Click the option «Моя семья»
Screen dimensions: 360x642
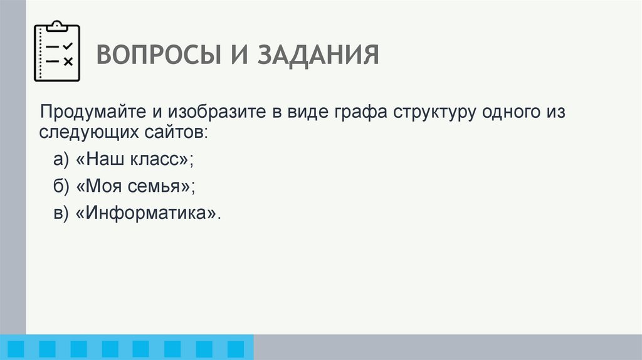(x=135, y=186)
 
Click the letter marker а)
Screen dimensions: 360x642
(x=60, y=160)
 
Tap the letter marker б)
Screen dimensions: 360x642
(x=60, y=186)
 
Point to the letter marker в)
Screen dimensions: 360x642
(x=60, y=213)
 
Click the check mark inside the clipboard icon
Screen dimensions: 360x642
(x=68, y=46)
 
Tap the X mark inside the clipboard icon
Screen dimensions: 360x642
(x=68, y=61)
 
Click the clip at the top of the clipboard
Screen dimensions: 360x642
(x=57, y=26)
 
